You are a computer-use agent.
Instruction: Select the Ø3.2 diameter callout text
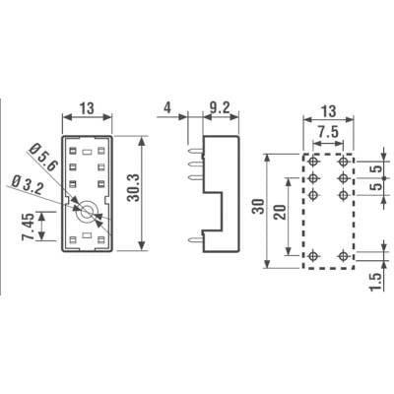click(28, 186)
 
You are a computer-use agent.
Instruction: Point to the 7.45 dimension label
click(28, 227)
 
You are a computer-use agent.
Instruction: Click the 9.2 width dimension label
click(220, 107)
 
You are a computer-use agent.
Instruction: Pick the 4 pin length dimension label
click(167, 107)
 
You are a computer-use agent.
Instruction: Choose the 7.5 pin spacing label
click(328, 133)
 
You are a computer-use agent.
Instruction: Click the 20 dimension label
click(280, 212)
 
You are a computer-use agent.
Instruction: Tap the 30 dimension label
click(258, 207)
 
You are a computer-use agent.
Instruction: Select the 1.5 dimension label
click(376, 282)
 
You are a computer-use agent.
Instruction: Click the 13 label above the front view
click(88, 108)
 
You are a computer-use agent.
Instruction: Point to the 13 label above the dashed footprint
click(328, 111)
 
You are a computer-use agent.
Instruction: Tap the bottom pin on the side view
click(195, 240)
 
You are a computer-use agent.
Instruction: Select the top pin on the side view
click(196, 152)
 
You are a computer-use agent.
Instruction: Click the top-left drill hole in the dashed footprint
click(313, 162)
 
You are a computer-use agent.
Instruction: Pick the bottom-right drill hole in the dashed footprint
click(344, 255)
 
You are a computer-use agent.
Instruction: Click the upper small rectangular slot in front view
click(87, 152)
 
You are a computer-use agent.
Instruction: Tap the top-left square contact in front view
click(73, 151)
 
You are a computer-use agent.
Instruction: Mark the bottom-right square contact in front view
click(101, 239)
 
